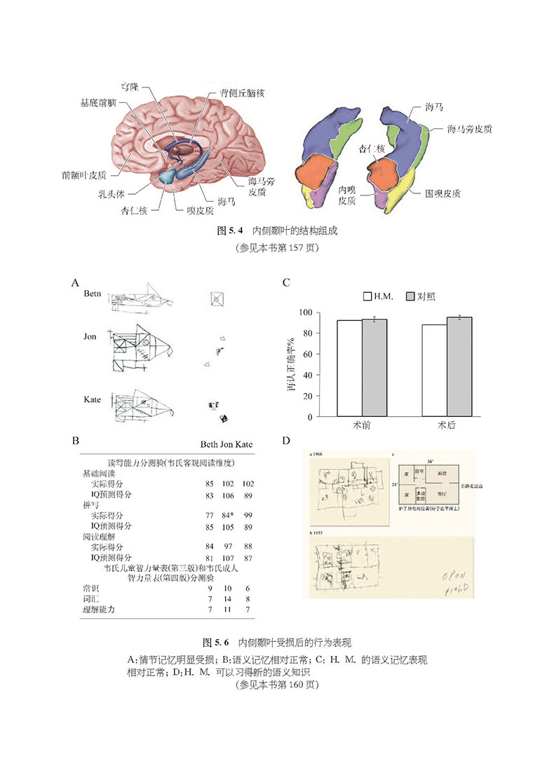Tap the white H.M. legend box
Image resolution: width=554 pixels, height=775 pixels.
(x=367, y=296)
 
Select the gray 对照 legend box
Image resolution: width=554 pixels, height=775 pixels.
(x=412, y=296)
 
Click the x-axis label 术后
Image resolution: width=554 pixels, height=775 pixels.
(x=447, y=425)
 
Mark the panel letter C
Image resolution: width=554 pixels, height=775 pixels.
(x=286, y=283)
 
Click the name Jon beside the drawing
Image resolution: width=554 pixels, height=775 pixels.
(x=90, y=336)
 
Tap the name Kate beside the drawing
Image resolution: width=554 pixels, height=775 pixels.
(x=92, y=399)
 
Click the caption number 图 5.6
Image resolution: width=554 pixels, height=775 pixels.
(x=216, y=642)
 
